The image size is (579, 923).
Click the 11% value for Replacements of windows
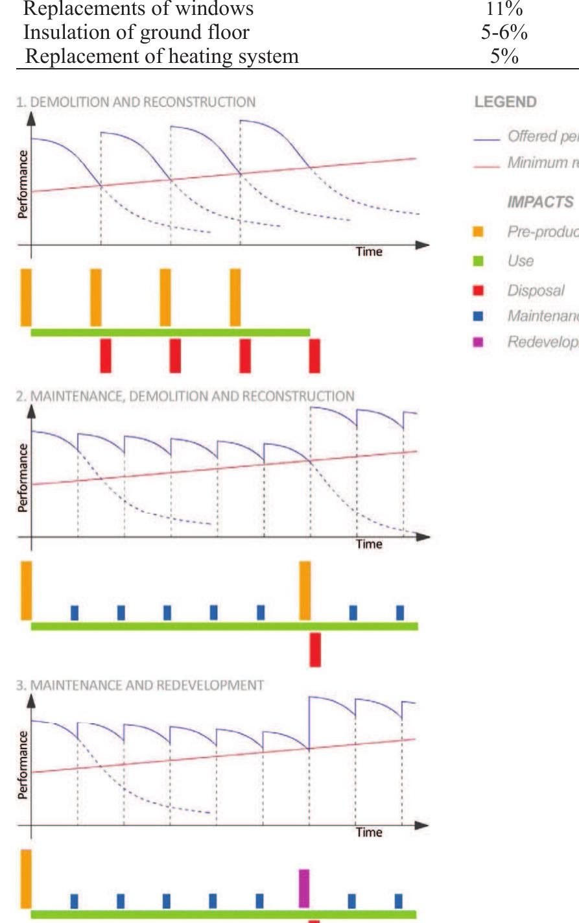504,9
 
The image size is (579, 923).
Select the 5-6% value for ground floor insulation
504,32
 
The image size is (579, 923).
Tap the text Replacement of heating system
161,56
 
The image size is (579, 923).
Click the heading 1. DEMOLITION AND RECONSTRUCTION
136,102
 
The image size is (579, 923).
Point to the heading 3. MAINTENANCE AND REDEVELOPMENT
139,685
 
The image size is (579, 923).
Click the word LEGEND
505,102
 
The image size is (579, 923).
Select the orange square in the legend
479,232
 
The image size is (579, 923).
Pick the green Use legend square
479,261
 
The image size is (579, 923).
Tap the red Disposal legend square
479,291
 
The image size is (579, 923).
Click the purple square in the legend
479,342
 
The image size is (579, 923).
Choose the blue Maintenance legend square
479,316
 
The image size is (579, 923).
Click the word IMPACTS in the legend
540,202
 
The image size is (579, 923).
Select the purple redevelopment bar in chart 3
304,888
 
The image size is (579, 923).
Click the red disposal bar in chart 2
315,649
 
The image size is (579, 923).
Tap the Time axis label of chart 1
369,252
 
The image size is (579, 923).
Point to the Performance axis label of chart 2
23,477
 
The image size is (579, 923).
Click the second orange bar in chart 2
305,590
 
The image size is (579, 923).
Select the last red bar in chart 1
314,355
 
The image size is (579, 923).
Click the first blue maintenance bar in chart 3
74,901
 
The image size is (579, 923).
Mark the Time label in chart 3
369,832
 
